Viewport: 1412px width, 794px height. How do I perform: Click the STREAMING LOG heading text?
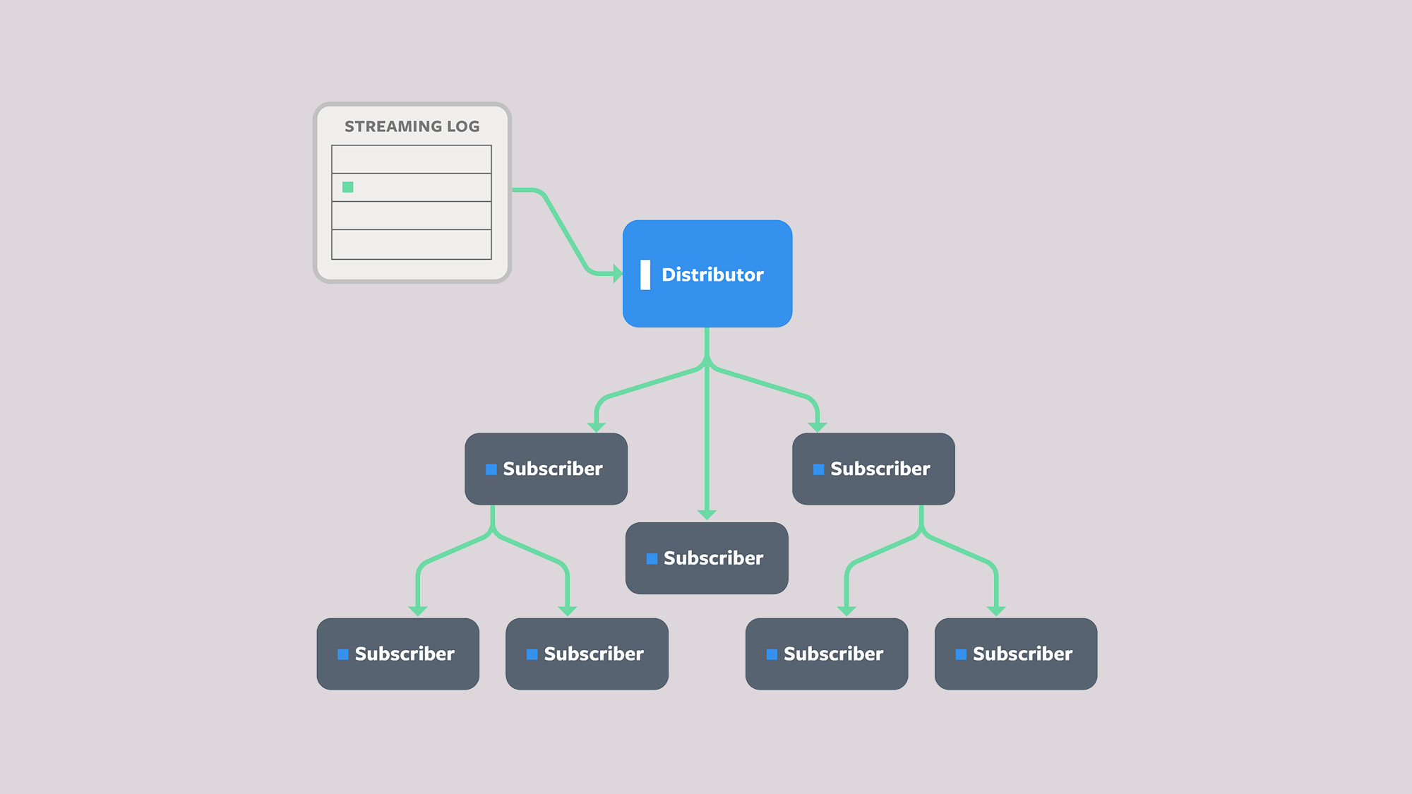tap(412, 126)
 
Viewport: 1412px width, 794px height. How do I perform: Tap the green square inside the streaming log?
tap(348, 187)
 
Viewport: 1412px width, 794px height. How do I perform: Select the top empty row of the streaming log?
tap(412, 160)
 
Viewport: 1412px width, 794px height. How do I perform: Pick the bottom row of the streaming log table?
tap(412, 244)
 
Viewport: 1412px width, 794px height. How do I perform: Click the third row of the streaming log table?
tap(412, 215)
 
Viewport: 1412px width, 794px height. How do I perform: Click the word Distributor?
tap(712, 275)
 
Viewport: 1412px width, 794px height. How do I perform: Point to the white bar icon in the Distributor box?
tap(645, 275)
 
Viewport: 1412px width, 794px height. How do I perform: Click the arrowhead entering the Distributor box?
tap(617, 273)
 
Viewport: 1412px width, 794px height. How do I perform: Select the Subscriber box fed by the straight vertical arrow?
tap(707, 558)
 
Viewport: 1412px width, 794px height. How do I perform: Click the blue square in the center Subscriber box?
tap(652, 558)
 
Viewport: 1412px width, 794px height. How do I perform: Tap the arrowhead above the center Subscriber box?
tap(707, 515)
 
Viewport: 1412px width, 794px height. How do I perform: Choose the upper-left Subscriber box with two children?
tap(546, 469)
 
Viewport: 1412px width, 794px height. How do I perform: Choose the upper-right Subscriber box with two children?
tap(873, 469)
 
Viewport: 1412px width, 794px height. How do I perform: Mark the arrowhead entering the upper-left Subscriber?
tap(597, 426)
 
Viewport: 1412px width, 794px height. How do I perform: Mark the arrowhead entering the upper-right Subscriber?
tap(818, 426)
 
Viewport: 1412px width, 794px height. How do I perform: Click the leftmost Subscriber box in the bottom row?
tap(397, 654)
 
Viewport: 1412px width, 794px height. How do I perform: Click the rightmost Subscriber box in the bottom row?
tap(1016, 654)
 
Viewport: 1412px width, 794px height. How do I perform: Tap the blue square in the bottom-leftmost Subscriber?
tap(343, 654)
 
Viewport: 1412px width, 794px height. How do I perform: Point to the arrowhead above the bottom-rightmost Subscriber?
tap(996, 610)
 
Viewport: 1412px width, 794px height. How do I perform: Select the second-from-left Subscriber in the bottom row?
tap(587, 654)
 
